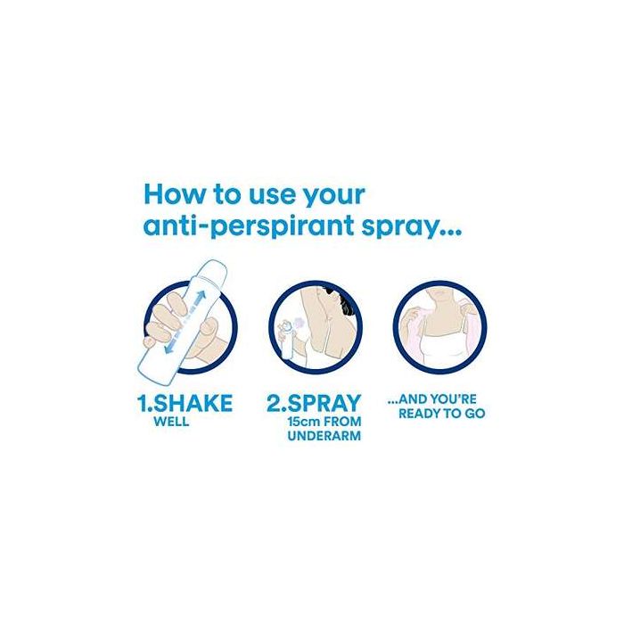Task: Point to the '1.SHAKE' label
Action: [185, 403]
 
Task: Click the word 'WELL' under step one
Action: [171, 422]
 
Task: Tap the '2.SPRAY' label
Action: [314, 403]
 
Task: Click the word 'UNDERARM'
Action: [324, 436]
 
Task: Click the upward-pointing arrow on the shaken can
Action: [200, 299]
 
